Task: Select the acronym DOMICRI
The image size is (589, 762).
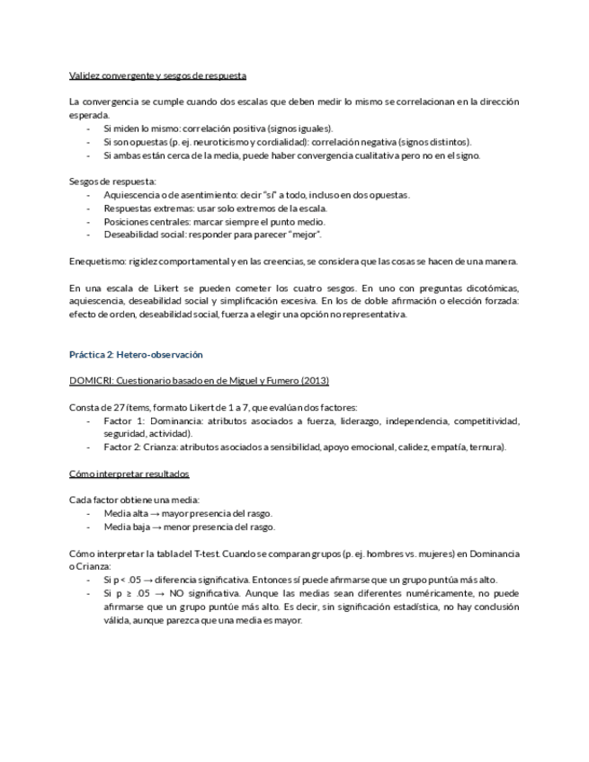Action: click(x=91, y=380)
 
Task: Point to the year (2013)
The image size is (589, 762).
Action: click(x=315, y=380)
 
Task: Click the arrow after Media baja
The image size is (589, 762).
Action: click(x=155, y=527)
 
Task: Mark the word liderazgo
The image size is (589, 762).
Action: click(x=359, y=421)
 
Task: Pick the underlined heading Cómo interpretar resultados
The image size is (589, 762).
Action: click(x=129, y=474)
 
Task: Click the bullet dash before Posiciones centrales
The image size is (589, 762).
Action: click(x=88, y=221)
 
